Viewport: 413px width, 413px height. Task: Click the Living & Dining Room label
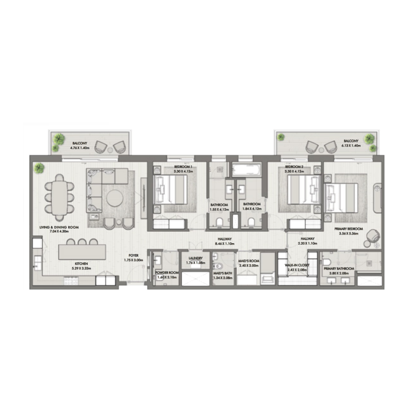59,227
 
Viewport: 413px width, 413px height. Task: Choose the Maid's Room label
247,260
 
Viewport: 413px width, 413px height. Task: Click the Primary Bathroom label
339,268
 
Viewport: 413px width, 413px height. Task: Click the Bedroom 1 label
183,167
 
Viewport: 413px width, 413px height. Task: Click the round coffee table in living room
115,198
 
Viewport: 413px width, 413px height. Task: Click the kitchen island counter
82,251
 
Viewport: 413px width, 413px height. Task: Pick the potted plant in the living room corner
39,167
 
